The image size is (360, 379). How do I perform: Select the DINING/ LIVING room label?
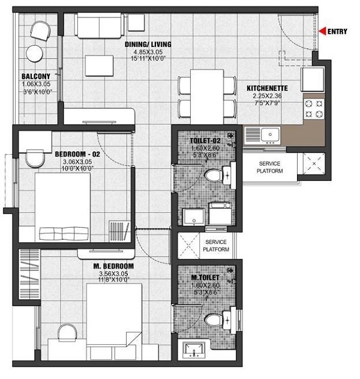pos(148,44)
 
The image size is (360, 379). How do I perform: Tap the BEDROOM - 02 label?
pos(79,154)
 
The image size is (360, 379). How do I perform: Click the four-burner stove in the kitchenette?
pos(313,109)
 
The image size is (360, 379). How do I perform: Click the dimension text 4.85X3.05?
pos(148,52)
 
